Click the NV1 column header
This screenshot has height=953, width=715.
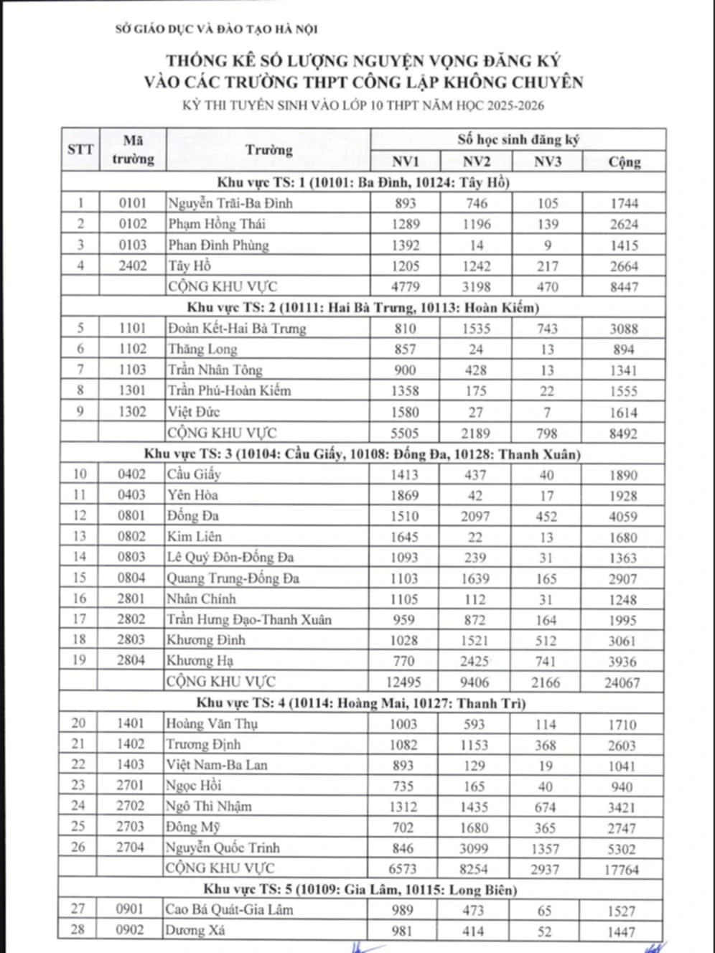click(x=406, y=161)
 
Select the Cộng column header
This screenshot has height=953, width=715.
click(x=624, y=161)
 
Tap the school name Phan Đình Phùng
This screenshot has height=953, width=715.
click(x=218, y=245)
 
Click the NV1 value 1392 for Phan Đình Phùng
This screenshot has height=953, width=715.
click(x=406, y=245)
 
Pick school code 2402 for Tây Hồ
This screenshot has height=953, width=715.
click(x=133, y=266)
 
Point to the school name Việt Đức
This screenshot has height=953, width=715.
click(x=193, y=412)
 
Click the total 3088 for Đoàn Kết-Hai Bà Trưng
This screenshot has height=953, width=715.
click(x=623, y=329)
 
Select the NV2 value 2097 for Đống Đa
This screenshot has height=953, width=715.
click(x=476, y=516)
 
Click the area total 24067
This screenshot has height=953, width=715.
click(x=622, y=682)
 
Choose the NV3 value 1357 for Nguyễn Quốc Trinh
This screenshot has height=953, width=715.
click(x=546, y=849)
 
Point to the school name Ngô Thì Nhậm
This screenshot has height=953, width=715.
click(x=208, y=807)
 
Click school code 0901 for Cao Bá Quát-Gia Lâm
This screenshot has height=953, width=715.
click(x=130, y=909)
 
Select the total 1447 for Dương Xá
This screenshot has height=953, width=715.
click(x=621, y=931)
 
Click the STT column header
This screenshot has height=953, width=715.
click(x=80, y=149)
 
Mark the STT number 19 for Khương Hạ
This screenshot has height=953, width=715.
click(x=79, y=660)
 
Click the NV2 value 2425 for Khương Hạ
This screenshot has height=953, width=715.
click(x=475, y=661)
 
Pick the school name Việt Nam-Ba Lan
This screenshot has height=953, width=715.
click(x=216, y=765)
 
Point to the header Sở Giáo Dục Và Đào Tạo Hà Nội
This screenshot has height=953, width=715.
click(x=216, y=29)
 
